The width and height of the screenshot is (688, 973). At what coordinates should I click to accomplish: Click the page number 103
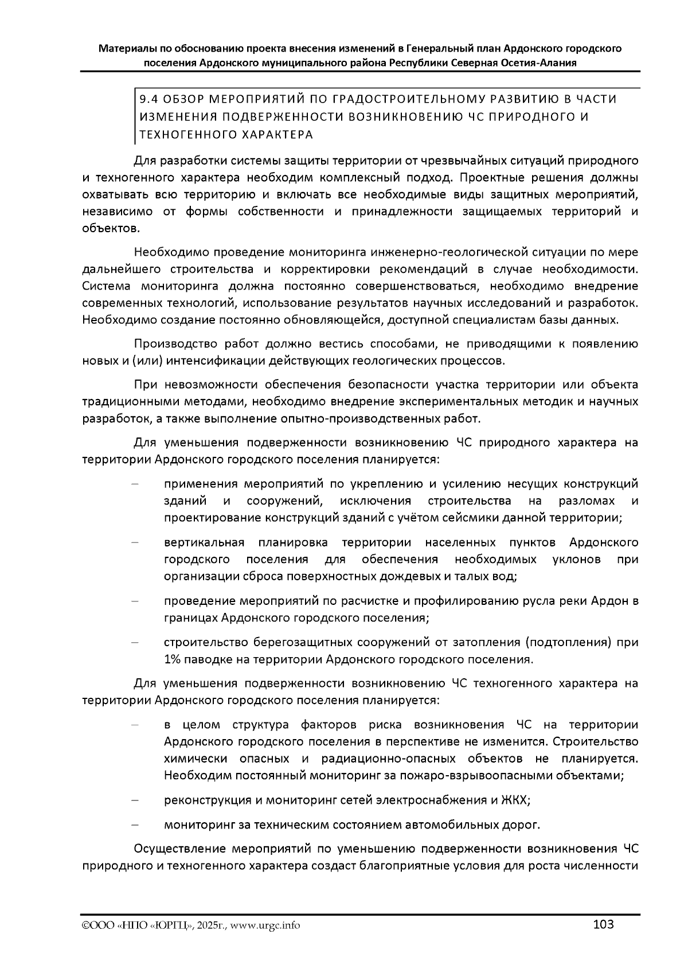click(604, 924)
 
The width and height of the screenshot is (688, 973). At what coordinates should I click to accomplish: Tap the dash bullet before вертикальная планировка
click(136, 542)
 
